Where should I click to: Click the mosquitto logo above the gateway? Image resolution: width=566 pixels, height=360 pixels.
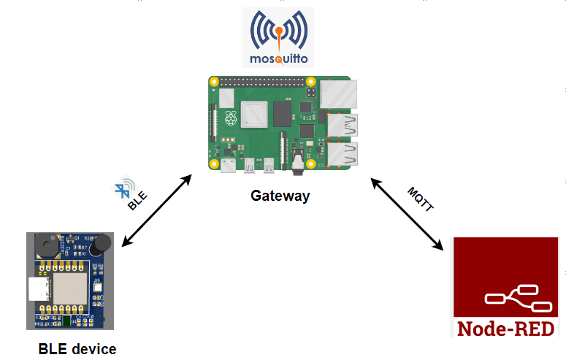pyautogui.click(x=278, y=38)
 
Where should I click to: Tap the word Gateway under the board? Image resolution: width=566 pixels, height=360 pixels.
pyautogui.click(x=280, y=196)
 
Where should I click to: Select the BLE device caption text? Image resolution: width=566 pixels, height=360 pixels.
pyautogui.click(x=77, y=349)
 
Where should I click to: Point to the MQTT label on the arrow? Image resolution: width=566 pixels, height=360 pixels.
pyautogui.click(x=421, y=198)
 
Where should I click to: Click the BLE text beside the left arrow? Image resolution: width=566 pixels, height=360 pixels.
pyautogui.click(x=137, y=200)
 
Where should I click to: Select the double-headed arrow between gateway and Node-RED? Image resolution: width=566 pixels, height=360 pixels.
pyautogui.click(x=408, y=215)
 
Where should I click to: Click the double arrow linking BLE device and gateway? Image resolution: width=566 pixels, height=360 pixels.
pyautogui.click(x=158, y=210)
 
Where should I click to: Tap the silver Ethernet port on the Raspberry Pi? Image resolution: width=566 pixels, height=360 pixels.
pyautogui.click(x=340, y=93)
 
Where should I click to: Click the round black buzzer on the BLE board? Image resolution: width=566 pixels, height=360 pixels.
pyautogui.click(x=45, y=247)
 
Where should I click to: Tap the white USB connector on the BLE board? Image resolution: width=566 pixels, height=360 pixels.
pyautogui.click(x=38, y=289)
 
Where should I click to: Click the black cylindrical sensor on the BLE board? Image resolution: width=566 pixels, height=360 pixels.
pyautogui.click(x=103, y=243)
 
